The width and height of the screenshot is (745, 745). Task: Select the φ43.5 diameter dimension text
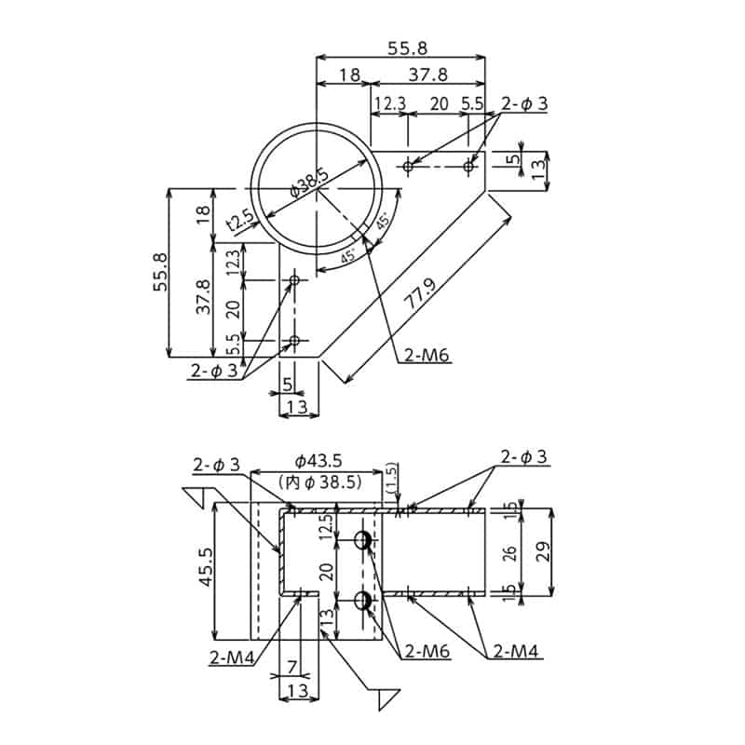click(318, 461)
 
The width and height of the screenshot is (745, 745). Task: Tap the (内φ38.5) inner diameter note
click(319, 481)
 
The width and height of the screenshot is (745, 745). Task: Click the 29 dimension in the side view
click(542, 550)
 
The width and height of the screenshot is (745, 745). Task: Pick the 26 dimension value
click(508, 552)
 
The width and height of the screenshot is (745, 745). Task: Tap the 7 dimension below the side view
click(291, 668)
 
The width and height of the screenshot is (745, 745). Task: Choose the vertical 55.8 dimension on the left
click(160, 273)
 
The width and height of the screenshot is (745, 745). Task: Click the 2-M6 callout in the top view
click(427, 355)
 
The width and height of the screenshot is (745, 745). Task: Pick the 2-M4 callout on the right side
click(516, 651)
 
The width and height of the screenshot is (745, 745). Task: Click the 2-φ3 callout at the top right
click(524, 105)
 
